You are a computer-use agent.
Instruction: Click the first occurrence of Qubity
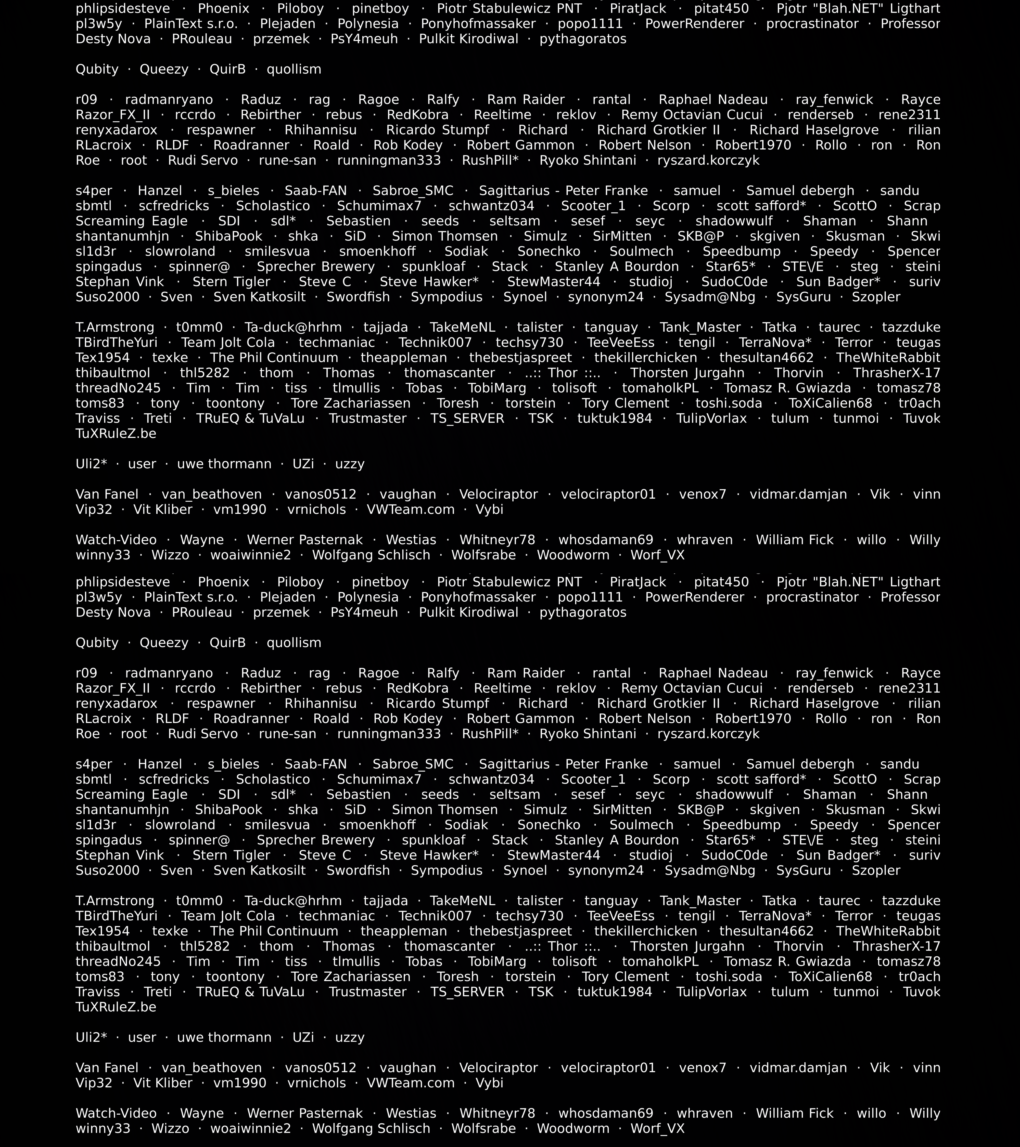click(x=97, y=70)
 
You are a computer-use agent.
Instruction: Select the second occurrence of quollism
click(x=294, y=643)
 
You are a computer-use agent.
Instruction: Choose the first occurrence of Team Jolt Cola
click(x=228, y=343)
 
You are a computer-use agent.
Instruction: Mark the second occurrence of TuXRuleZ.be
click(x=116, y=1007)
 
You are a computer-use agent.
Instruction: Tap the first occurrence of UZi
click(x=303, y=464)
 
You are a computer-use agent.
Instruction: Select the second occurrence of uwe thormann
click(x=224, y=1038)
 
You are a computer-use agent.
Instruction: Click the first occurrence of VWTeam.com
click(x=410, y=510)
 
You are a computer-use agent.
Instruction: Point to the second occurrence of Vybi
click(x=490, y=1083)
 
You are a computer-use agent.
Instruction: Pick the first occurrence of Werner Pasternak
click(x=305, y=540)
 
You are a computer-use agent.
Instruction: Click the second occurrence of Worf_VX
click(x=657, y=1128)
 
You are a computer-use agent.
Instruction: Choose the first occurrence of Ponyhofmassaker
click(x=478, y=24)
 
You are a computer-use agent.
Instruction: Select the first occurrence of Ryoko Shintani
click(x=588, y=161)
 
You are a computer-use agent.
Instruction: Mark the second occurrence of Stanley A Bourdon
click(x=617, y=840)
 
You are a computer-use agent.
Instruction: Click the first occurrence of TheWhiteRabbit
click(x=888, y=358)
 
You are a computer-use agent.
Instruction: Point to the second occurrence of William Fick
click(x=794, y=1113)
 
